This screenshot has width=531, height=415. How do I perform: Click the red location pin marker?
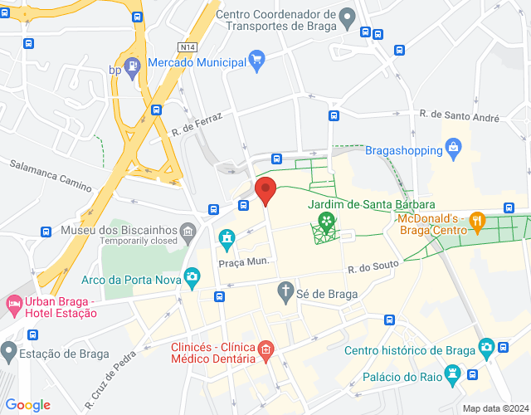265,190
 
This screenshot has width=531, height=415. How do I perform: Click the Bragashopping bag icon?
453,149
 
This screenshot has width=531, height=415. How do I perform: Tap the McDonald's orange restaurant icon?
476,222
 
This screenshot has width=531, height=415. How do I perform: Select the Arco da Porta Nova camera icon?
192,276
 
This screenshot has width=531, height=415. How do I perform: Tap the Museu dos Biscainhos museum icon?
189,229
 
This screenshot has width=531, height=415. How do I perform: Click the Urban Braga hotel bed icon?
12,305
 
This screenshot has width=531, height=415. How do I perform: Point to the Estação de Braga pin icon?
8,353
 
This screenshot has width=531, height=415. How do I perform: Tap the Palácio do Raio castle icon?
452,375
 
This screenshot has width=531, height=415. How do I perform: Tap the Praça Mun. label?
244,262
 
